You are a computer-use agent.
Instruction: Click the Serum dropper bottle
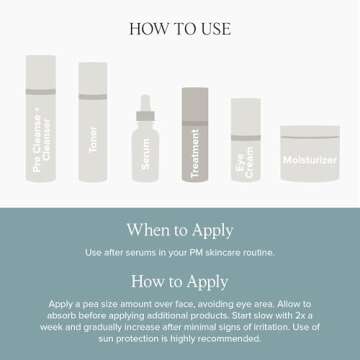(x=145, y=150)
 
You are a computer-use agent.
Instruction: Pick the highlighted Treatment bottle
(x=196, y=137)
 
